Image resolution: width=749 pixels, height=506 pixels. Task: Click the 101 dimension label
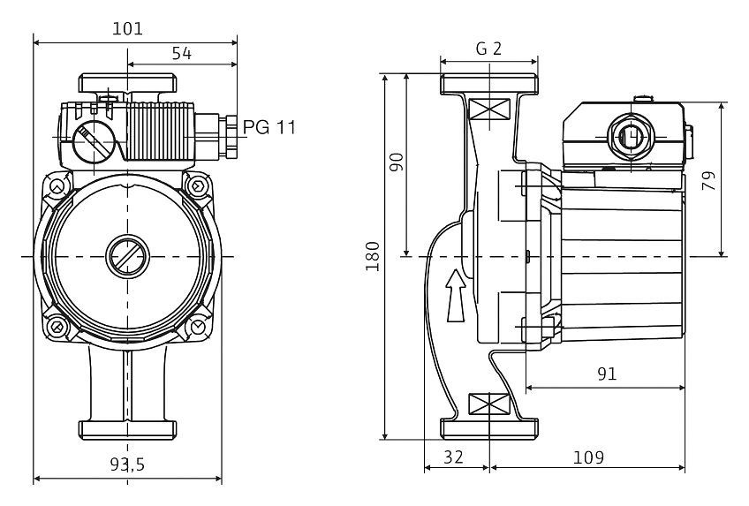pos(127,28)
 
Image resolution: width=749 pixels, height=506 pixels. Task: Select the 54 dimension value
pos(182,54)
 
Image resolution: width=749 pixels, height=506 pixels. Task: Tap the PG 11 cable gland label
pos(269,127)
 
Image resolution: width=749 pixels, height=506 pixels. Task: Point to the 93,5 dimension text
pos(127,464)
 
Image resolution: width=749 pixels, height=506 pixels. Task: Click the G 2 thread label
pos(488,49)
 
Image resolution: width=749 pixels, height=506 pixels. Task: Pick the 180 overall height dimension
pos(373,256)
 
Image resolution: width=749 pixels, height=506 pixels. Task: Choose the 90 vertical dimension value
pos(397,162)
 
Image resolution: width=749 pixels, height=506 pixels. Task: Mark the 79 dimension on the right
pos(709,181)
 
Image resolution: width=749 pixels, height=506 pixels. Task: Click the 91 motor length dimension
pos(607,374)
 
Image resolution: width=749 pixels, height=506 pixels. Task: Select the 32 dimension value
pos(453,457)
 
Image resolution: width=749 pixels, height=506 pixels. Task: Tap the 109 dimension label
pos(588,457)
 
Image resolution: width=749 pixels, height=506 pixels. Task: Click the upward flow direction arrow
pos(456,296)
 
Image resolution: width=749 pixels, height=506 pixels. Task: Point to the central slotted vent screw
pos(127,257)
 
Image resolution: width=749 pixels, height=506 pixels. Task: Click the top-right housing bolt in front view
pos(198,185)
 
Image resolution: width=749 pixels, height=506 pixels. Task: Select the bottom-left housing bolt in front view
pos(57,327)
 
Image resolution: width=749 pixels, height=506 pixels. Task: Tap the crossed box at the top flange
pos(489,109)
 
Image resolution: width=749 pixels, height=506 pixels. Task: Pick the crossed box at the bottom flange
pos(489,404)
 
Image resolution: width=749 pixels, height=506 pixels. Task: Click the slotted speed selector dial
pos(94,142)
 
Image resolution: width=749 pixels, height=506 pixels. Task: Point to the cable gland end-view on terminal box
pos(631,137)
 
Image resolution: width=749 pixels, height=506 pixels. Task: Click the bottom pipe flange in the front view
pos(127,430)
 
